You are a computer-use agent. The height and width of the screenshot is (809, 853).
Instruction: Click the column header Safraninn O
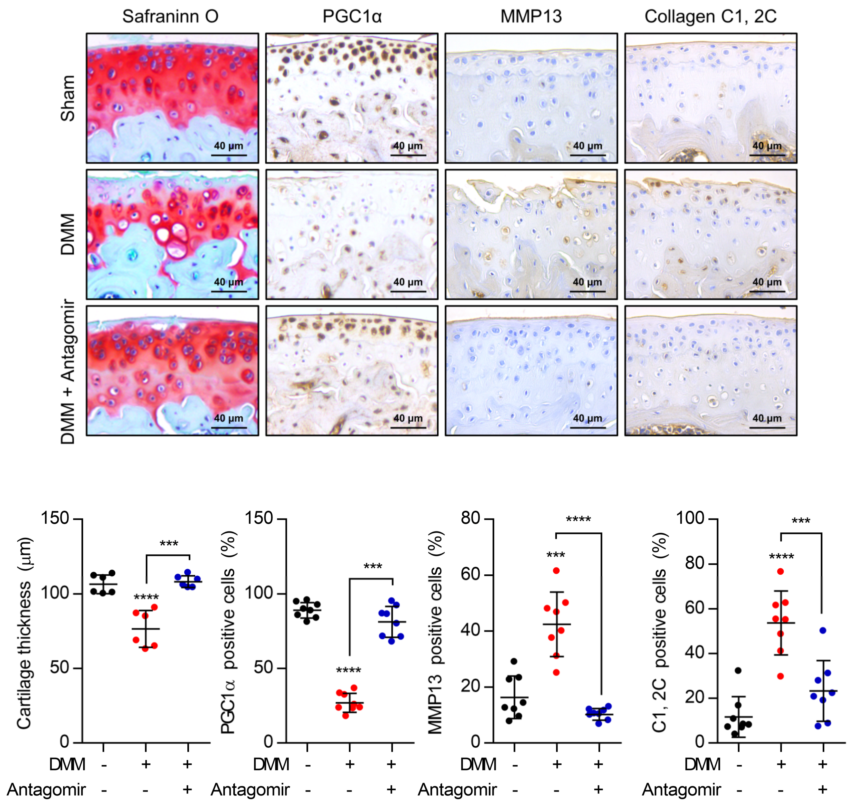click(x=170, y=16)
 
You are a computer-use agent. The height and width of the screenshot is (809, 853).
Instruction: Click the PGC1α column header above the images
click(x=352, y=16)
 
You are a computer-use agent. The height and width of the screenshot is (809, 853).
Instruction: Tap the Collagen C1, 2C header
click(x=710, y=16)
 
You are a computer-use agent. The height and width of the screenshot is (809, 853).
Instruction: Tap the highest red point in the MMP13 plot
click(x=556, y=570)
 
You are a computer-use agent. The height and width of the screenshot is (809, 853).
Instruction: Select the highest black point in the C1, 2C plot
click(x=738, y=671)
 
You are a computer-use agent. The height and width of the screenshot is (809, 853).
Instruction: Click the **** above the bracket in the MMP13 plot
click(x=578, y=520)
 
